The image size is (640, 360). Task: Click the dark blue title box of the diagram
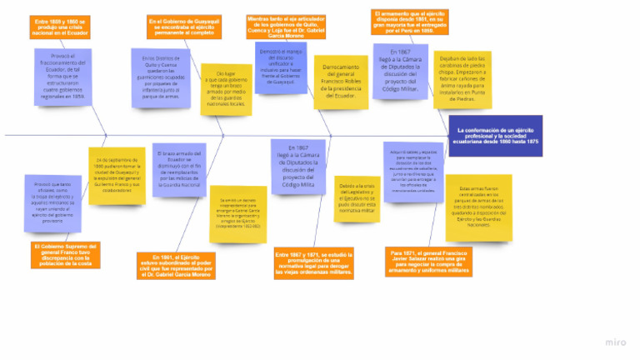(x=495, y=136)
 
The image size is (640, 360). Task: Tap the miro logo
(x=617, y=342)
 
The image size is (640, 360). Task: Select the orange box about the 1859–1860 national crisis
(x=60, y=27)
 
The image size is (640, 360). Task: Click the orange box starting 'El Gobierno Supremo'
(x=67, y=253)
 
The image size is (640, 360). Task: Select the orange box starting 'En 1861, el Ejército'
(x=176, y=265)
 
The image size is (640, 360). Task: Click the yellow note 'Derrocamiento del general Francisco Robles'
(x=340, y=82)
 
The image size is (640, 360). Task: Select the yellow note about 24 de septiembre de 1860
(x=117, y=175)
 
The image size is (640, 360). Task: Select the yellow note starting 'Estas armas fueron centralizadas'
(x=478, y=207)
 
